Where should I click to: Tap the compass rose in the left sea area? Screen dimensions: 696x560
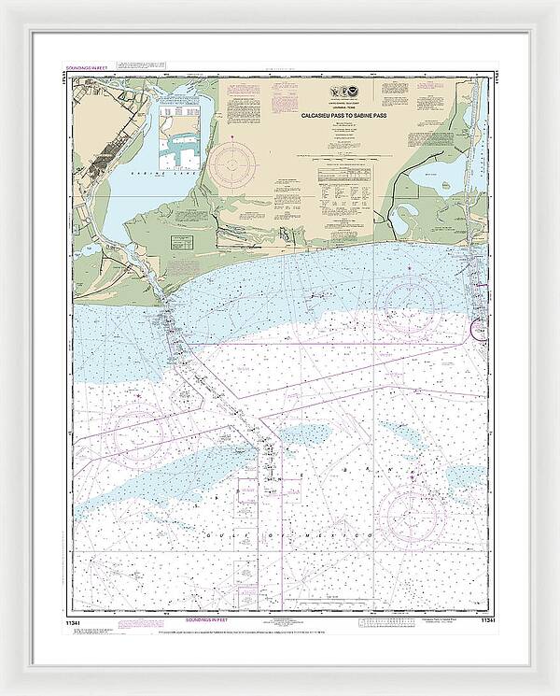[137, 432]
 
